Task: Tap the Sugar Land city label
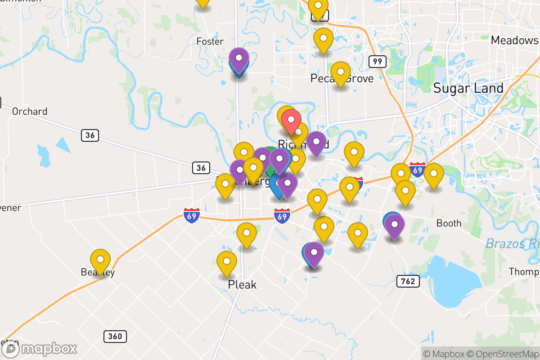pos(468,88)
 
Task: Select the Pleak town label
pos(242,284)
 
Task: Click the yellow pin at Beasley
pos(100,261)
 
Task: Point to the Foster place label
pos(210,41)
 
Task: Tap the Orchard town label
pos(30,111)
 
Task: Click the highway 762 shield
pos(408,282)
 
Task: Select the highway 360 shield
pos(115,336)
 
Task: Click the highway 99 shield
pos(377,61)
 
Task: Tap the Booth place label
pos(449,223)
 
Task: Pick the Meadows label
pos(514,40)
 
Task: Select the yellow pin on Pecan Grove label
pos(341,73)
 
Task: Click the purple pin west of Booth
pos(395,226)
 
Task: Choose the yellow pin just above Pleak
pos(226,263)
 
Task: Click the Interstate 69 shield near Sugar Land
pos(418,169)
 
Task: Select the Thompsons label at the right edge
pos(524,272)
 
